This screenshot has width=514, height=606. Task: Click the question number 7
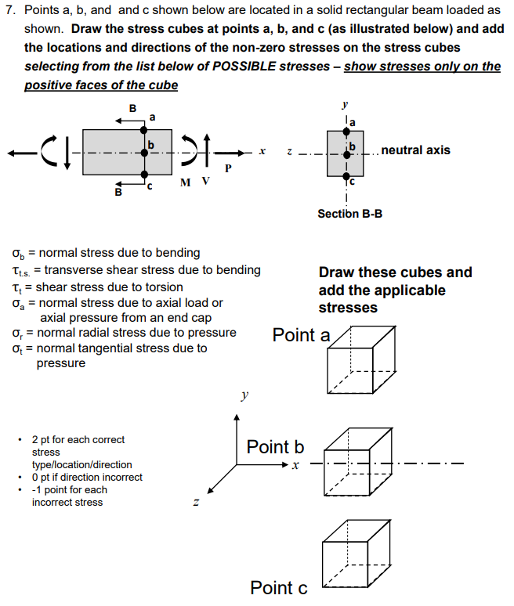pyautogui.click(x=9, y=11)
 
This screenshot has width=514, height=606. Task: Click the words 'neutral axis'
pyautogui.click(x=415, y=150)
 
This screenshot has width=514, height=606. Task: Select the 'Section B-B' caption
pyautogui.click(x=349, y=214)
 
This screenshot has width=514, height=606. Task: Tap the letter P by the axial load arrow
pyautogui.click(x=228, y=168)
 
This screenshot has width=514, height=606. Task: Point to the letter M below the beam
pyautogui.click(x=184, y=182)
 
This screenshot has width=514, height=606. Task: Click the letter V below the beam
pyautogui.click(x=205, y=182)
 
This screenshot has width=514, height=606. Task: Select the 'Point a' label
pyautogui.click(x=302, y=336)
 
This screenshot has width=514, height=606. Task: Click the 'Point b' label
pyautogui.click(x=275, y=447)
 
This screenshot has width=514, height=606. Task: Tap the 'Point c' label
pyautogui.click(x=279, y=588)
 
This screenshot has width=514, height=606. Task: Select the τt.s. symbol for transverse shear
pyautogui.click(x=20, y=270)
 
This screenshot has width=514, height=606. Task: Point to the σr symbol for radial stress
pyautogui.click(x=16, y=333)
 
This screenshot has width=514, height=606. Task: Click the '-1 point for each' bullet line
pyautogui.click(x=69, y=489)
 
